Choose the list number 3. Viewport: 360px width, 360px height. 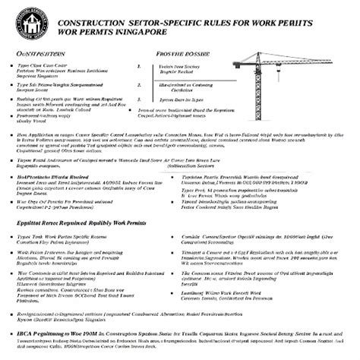[x=139, y=99]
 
